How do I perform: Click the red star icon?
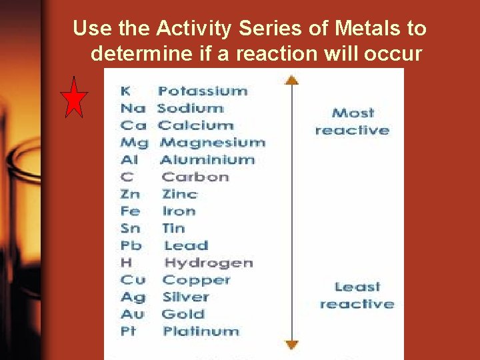click(74, 98)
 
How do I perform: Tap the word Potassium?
click(203, 91)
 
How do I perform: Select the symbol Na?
click(133, 108)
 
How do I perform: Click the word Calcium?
click(195, 125)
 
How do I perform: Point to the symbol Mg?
click(134, 143)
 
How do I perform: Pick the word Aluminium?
click(207, 160)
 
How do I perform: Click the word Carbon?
click(195, 177)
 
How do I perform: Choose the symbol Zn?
click(131, 194)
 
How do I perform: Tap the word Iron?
click(179, 211)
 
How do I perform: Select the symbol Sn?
click(131, 228)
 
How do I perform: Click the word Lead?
click(186, 245)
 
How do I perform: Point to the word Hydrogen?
click(209, 263)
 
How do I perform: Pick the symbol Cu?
click(133, 280)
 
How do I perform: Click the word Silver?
click(186, 297)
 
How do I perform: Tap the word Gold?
click(183, 314)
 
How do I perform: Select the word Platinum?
click(201, 331)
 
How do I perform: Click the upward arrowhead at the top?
click(291, 80)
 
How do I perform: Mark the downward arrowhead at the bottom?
click(291, 344)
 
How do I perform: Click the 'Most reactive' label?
click(352, 121)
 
